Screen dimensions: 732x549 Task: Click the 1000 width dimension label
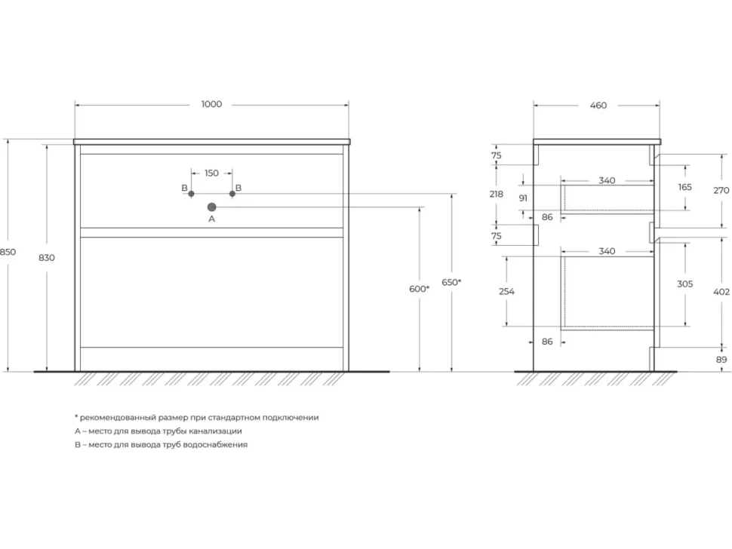(211, 104)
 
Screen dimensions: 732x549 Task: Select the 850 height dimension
(8, 252)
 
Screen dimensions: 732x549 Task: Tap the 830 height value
(47, 257)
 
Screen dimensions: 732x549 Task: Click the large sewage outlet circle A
(211, 207)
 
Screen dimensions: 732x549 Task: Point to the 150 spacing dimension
(211, 173)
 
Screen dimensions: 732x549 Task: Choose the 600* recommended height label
(420, 289)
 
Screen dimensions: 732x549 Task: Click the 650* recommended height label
(451, 282)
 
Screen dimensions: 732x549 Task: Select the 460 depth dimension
(598, 106)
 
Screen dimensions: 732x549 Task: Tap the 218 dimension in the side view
(497, 194)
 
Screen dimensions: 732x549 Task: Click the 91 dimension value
(523, 198)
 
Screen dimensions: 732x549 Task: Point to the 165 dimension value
(685, 187)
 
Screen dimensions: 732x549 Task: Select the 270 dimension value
(721, 190)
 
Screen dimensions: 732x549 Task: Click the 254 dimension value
(506, 292)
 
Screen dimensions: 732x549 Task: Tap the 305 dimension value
(685, 284)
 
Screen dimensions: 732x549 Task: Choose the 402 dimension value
(721, 292)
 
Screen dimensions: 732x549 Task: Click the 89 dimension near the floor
(721, 360)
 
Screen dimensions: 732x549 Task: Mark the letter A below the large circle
(211, 219)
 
